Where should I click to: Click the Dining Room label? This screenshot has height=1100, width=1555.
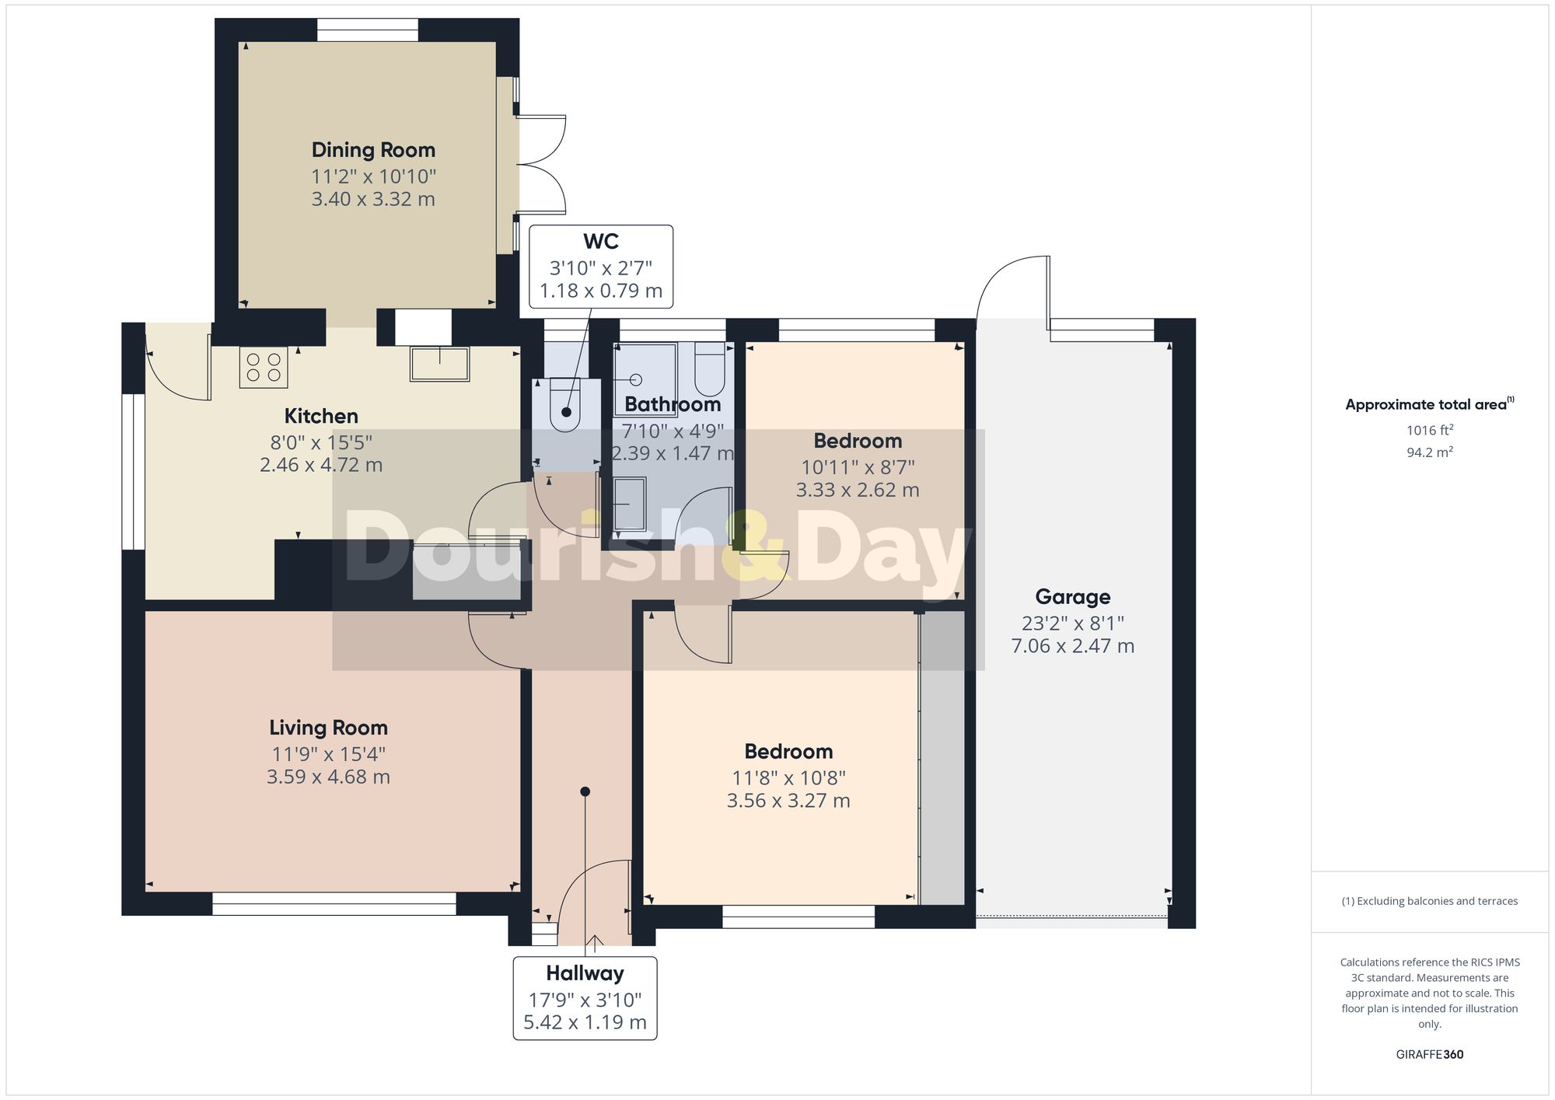373,150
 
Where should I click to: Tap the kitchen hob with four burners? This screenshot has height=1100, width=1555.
264,367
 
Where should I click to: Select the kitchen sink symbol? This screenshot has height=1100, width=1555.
439,364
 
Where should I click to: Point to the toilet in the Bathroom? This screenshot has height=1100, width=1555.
709,370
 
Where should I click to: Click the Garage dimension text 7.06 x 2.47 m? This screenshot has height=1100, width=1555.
1072,646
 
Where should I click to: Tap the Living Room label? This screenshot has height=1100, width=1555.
328,728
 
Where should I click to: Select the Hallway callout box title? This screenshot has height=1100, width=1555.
585,973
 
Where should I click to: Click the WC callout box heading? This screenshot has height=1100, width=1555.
600,241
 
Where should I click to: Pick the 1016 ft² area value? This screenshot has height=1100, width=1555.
1429,430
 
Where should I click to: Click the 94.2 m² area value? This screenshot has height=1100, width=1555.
1429,452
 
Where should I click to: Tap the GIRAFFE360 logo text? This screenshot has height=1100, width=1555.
1429,1055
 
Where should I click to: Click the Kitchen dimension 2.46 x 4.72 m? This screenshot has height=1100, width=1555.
321,465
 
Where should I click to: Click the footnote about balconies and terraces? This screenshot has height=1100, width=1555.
1429,901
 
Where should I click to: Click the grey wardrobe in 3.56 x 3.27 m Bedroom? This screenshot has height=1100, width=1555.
942,758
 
